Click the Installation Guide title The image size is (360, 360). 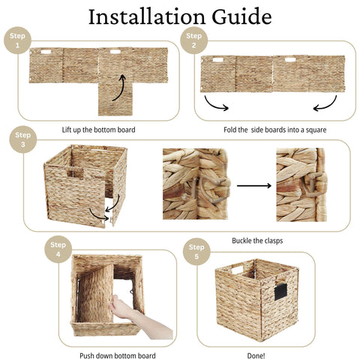point(179,16)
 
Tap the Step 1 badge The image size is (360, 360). point(16,40)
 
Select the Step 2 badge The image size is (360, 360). point(194,40)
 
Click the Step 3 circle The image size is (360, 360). point(22,139)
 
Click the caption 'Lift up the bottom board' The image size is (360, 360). point(99,130)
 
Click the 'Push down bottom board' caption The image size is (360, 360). point(118,354)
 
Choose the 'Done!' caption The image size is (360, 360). point(256,354)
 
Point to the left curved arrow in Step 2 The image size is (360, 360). point(217,104)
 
